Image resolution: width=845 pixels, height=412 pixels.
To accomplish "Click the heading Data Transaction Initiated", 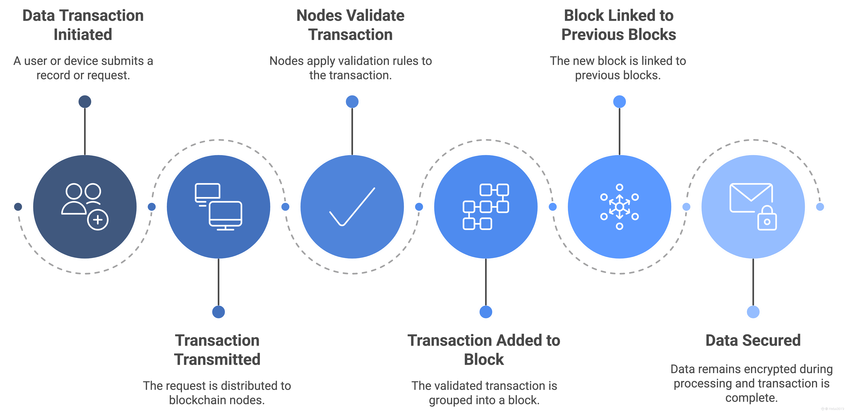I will coord(83,25).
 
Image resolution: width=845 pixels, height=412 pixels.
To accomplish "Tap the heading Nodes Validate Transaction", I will coord(350,25).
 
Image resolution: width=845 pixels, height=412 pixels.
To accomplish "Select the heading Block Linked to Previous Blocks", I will coord(619,25).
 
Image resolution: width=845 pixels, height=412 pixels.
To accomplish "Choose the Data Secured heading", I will coord(753,340).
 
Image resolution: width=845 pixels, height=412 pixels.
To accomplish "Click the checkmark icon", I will coord(352,207).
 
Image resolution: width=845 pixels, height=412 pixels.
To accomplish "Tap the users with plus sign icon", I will coord(85,207).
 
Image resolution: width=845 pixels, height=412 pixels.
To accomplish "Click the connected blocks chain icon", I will coord(486,207).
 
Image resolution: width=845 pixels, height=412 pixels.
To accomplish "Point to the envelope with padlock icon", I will coord(753,207).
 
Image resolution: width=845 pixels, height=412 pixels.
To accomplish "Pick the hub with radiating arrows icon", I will coord(619,207).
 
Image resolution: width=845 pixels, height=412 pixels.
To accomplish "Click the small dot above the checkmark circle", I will coord(352,102).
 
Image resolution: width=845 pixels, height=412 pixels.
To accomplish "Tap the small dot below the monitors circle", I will coord(218,312).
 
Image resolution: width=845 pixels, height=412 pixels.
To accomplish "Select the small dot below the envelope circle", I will coord(753,312).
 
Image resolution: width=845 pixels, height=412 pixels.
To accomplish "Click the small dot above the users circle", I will coord(85,102).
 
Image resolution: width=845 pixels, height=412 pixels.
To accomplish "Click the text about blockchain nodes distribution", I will coord(217,393).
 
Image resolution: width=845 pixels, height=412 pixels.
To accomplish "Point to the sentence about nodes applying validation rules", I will coord(350,68).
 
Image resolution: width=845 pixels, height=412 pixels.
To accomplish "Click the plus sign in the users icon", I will coord(98,220).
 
